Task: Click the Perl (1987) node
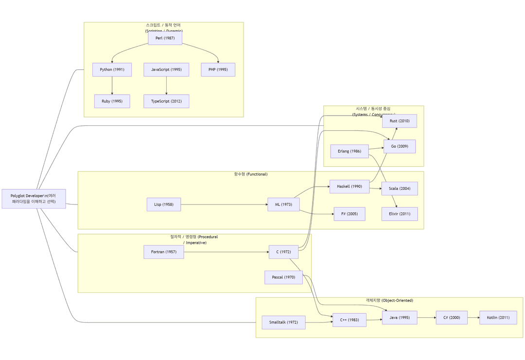tap(165, 38)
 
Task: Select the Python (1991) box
tap(112, 69)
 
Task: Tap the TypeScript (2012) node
tap(166, 101)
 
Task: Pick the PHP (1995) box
tap(218, 69)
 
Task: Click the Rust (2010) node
tap(400, 121)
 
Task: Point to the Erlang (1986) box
tap(350, 151)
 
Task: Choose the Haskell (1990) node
tap(350, 187)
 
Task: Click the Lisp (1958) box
tap(164, 205)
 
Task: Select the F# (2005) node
tap(350, 214)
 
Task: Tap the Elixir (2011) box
tap(400, 214)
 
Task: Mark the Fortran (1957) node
tap(164, 252)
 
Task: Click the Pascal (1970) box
tap(283, 277)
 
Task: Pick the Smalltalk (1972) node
tap(283, 322)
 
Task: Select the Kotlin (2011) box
tap(498, 318)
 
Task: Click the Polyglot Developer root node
tap(34, 199)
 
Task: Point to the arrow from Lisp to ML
tap(224, 205)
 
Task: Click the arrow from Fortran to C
tap(226, 252)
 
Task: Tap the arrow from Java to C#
tap(426, 318)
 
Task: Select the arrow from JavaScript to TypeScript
tap(166, 86)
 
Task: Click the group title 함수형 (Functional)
tap(251, 174)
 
